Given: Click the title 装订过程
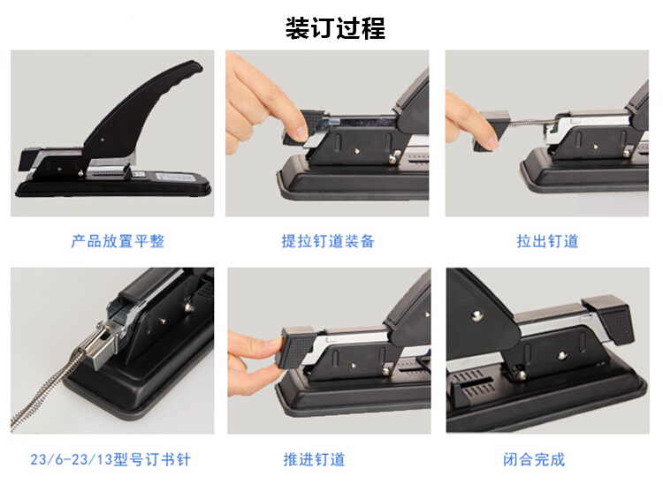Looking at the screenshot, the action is (x=335, y=28).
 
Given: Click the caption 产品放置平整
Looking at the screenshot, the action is (x=118, y=241).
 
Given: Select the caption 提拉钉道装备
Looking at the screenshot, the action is (x=328, y=241).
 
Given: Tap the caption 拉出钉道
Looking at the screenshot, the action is (x=547, y=241).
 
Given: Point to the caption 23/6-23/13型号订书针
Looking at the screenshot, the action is (x=110, y=459).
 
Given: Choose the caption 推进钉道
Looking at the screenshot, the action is (x=314, y=459).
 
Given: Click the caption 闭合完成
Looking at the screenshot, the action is (x=534, y=459).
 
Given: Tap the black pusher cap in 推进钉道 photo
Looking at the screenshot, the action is (x=296, y=346).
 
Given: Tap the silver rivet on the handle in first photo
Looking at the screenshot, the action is (x=103, y=139).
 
